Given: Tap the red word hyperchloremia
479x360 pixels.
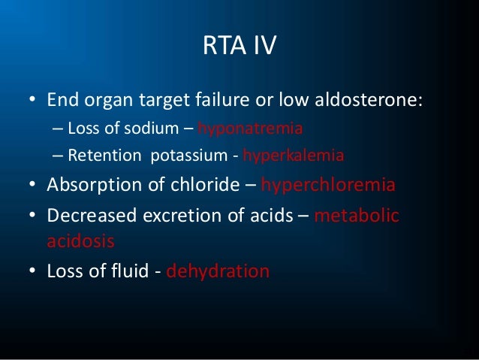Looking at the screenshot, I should click(333, 186).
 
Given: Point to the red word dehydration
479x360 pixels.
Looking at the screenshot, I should click(217, 271).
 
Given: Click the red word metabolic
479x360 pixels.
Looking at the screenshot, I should click(357, 216).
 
